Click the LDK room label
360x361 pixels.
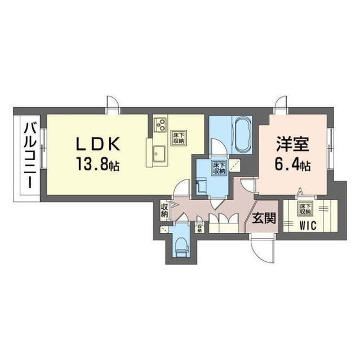point(99,144)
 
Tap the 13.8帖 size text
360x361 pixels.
point(99,165)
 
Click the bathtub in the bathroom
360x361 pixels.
point(242,134)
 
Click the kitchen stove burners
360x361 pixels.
point(159,124)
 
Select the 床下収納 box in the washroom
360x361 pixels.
point(217,168)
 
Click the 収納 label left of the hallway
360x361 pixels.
point(165,209)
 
